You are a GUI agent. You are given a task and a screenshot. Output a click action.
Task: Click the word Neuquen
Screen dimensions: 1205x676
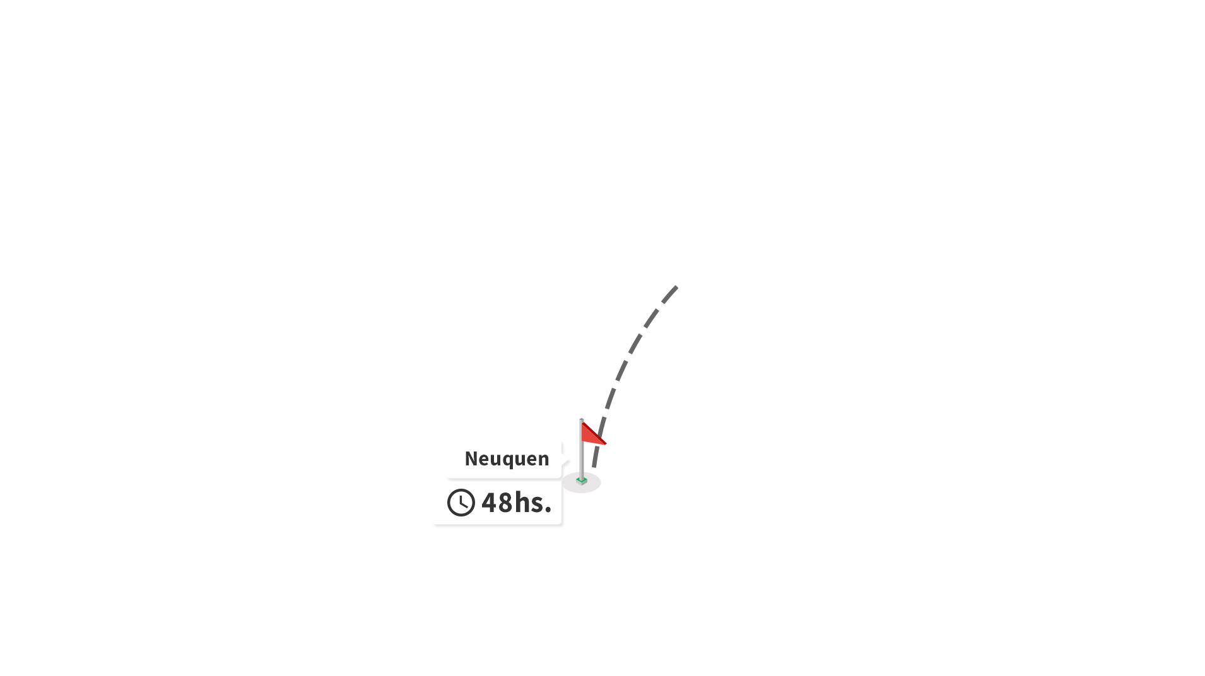507,459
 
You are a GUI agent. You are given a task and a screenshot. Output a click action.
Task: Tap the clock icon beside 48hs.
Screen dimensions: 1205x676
461,503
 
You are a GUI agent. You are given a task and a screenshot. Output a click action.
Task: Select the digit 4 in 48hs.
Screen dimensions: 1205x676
489,503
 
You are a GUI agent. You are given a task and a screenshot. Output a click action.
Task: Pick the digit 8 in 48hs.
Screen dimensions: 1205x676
505,503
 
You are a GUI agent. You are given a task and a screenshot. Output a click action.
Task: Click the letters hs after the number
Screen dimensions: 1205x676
528,502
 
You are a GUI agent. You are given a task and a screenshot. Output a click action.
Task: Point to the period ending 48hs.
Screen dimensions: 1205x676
548,510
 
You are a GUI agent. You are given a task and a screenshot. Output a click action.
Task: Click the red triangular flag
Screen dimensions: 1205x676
592,434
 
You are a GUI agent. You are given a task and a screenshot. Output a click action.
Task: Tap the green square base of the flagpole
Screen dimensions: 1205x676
582,481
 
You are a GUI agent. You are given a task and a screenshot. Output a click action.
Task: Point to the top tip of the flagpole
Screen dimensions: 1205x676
581,419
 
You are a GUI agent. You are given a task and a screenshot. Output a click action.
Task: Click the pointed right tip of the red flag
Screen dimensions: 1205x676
606,444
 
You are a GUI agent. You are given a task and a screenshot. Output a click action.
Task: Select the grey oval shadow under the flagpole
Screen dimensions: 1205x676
581,482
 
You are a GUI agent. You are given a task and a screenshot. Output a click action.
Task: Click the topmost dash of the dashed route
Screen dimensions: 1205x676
669,294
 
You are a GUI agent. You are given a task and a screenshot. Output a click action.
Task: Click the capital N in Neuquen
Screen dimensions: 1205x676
471,458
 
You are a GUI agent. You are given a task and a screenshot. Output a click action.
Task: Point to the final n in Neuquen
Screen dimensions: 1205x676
543,460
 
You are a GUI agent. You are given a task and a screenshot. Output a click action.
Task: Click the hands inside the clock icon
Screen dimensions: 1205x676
463,501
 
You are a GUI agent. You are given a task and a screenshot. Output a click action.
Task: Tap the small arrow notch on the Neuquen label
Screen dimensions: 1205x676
565,461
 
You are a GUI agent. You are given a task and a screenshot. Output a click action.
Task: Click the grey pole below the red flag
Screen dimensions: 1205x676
581,461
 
